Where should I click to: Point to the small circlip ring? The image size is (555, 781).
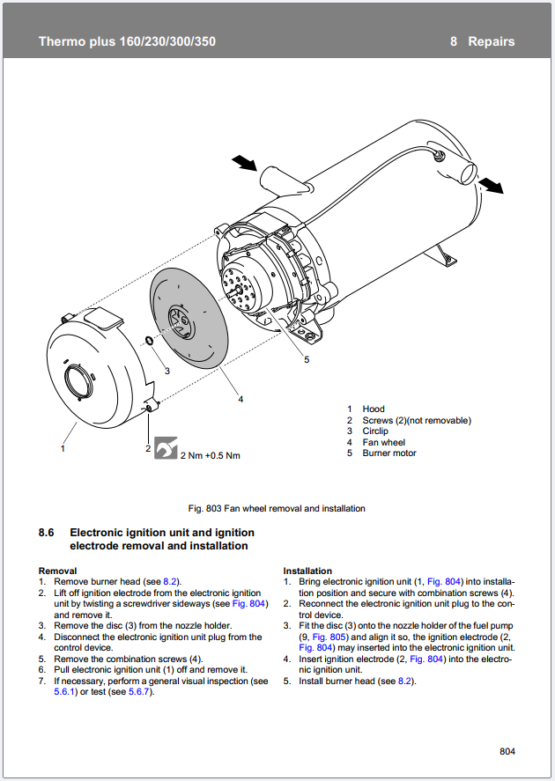[149, 341]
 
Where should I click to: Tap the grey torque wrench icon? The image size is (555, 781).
[166, 447]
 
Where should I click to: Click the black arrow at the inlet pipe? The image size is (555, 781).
[245, 162]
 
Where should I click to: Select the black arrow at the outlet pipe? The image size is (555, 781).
[491, 185]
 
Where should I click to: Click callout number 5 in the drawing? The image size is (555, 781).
[307, 359]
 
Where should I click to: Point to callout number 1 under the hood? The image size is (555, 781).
[63, 448]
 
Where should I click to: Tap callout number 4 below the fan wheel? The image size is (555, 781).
[240, 399]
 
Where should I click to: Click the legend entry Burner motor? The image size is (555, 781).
[389, 453]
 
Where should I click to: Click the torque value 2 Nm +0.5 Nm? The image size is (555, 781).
[211, 455]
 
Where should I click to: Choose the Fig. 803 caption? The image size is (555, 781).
[277, 509]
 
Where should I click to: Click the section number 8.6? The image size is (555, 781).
[47, 533]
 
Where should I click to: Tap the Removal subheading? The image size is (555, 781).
[58, 571]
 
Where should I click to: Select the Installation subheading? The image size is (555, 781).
[307, 571]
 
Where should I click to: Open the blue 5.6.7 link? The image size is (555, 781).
[139, 692]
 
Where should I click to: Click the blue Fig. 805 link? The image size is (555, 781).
[329, 637]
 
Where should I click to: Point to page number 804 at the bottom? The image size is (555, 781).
[507, 751]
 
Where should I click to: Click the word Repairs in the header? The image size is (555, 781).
[492, 41]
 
